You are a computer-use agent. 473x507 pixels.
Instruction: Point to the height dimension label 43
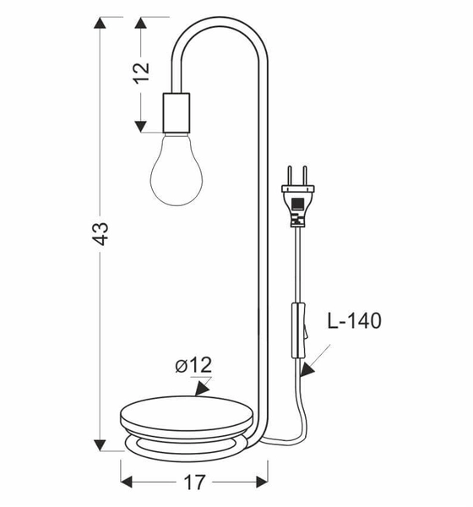pos(101,233)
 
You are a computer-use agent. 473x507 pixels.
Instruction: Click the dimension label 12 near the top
pos(141,71)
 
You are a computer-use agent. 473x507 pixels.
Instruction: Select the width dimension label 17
pos(193,482)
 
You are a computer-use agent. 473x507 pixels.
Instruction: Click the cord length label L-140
pos(352,321)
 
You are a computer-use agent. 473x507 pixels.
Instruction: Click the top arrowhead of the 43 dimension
pos(101,23)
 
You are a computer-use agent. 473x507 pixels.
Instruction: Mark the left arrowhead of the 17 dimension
pos(127,482)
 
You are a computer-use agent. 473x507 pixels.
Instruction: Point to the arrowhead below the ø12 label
pos(202,390)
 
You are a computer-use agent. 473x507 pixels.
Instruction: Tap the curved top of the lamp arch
pos(221,20)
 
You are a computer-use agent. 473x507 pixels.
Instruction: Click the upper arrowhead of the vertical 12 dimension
pos(142,23)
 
